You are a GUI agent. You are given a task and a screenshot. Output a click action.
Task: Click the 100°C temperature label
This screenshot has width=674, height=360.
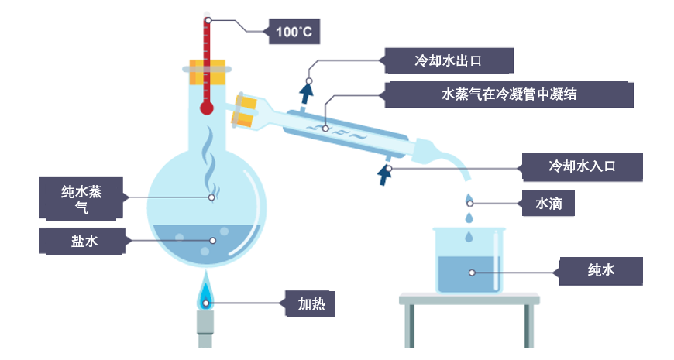click(294, 32)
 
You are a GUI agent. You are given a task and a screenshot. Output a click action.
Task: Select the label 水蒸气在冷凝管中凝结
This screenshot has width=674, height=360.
click(509, 94)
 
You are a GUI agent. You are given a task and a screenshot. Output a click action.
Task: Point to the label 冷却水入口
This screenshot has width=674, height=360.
click(581, 166)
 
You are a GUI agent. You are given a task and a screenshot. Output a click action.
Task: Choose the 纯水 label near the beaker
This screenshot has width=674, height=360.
click(600, 271)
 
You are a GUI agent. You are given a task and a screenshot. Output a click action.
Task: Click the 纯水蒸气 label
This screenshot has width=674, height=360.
click(81, 198)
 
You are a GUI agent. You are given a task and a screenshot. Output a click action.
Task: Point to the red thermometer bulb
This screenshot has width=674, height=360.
click(206, 108)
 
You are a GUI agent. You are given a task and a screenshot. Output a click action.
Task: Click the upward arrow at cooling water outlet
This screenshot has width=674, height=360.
click(308, 94)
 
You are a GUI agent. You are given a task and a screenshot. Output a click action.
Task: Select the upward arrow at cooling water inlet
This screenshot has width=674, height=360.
click(383, 174)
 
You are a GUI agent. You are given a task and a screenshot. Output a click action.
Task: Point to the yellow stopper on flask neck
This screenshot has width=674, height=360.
click(206, 73)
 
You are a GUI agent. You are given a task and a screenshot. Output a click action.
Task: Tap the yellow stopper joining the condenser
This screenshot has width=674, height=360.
click(247, 109)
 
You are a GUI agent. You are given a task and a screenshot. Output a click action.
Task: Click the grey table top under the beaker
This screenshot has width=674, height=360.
click(469, 298)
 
